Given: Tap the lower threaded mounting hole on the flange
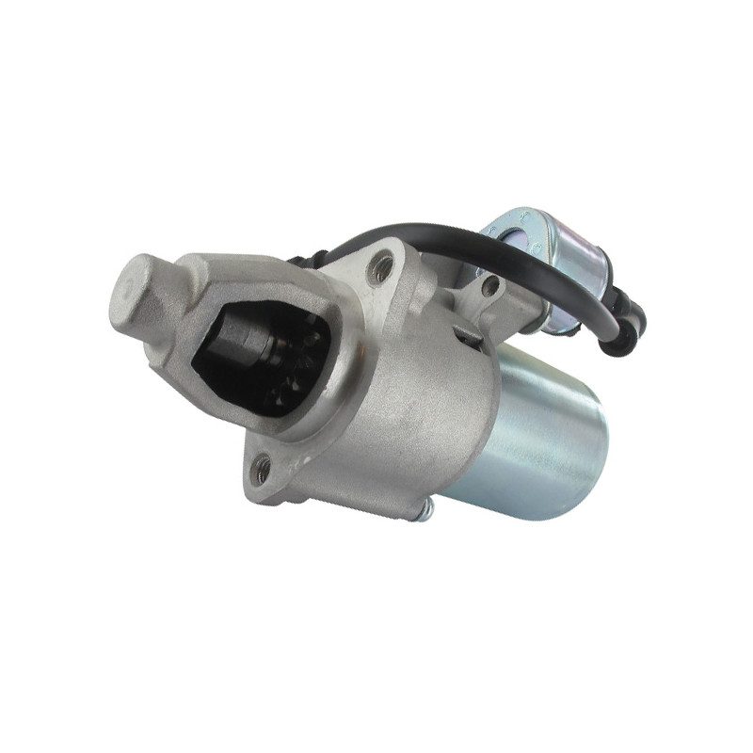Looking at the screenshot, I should click(263, 465).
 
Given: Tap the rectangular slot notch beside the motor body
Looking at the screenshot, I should click(468, 334).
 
